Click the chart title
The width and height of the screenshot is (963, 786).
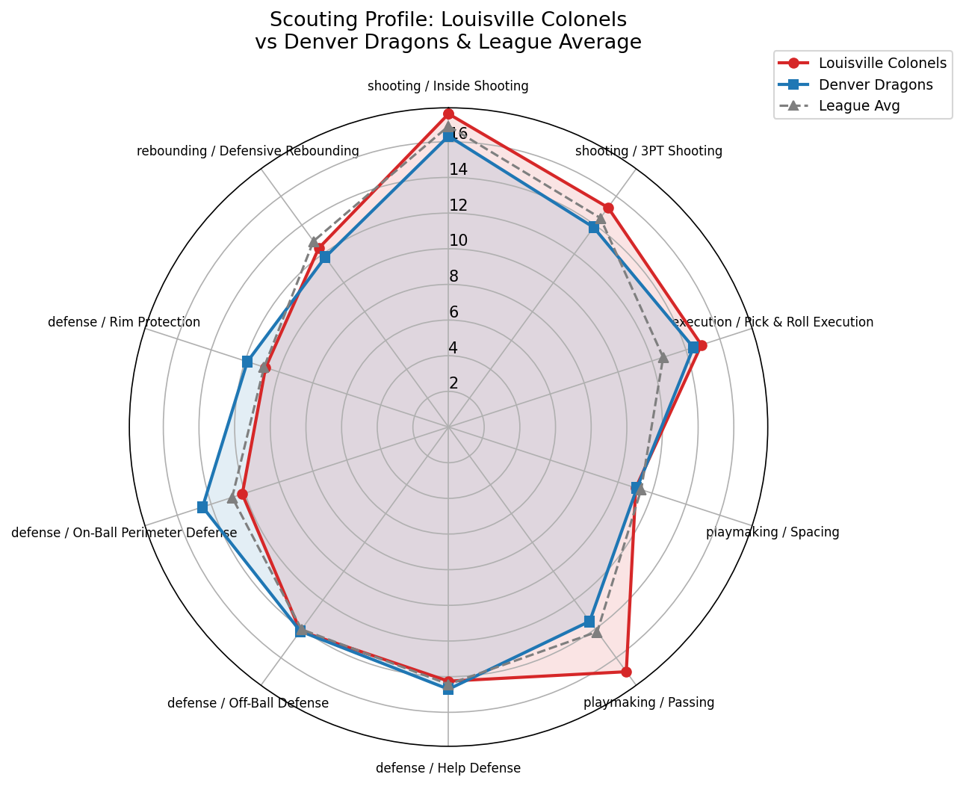coord(448,31)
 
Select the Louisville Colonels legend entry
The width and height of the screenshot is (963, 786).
coord(882,64)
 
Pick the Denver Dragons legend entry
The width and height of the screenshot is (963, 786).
coord(875,84)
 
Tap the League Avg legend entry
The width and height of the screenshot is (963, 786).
coord(858,105)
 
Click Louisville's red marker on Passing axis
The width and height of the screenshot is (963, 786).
coord(626,672)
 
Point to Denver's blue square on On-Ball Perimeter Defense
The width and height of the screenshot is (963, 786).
coord(202,507)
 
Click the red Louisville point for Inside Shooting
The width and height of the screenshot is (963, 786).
coord(448,114)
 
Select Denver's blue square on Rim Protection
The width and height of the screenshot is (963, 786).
coord(247,362)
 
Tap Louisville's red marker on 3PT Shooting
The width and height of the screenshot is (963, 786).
coord(608,208)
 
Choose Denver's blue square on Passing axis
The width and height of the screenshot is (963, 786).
coord(589,621)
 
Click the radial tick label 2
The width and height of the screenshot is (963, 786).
coord(453,383)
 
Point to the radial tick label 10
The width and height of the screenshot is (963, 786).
coord(458,241)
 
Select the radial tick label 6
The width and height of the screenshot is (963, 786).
coord(453,312)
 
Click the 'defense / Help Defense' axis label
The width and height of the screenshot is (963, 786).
coord(448,768)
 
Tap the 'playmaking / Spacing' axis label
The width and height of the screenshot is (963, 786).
coord(772,533)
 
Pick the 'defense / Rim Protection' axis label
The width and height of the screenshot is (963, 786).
coord(124,322)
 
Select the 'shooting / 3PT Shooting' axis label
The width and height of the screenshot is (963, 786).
coord(648,152)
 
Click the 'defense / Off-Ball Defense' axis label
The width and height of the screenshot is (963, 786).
coord(248,703)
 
